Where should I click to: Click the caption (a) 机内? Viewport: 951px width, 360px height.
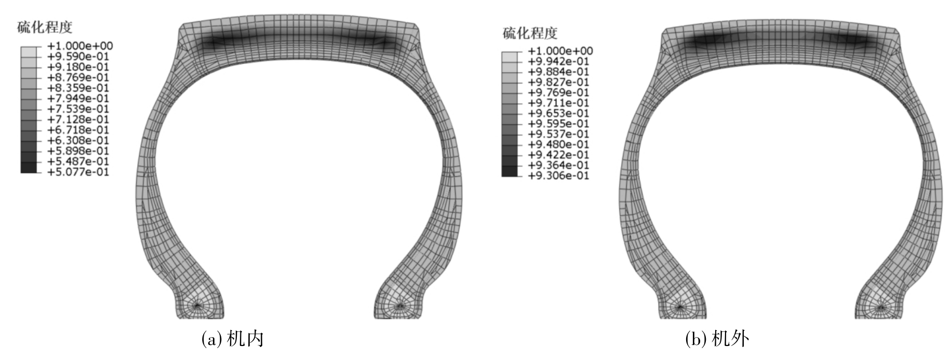[232, 339]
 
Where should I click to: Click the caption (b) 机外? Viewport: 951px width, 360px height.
[717, 339]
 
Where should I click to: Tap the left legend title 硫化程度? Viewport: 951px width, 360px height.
[45, 27]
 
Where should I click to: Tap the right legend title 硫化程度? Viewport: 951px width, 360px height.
[530, 33]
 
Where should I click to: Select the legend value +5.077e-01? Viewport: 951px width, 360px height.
[78, 172]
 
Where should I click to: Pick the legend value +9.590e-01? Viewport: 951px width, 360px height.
[78, 57]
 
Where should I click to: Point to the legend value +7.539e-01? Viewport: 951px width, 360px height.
[78, 109]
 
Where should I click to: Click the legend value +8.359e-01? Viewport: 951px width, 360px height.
[78, 88]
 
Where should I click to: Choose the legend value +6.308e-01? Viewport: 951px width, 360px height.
[78, 140]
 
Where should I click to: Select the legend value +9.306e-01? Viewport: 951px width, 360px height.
[559, 176]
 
